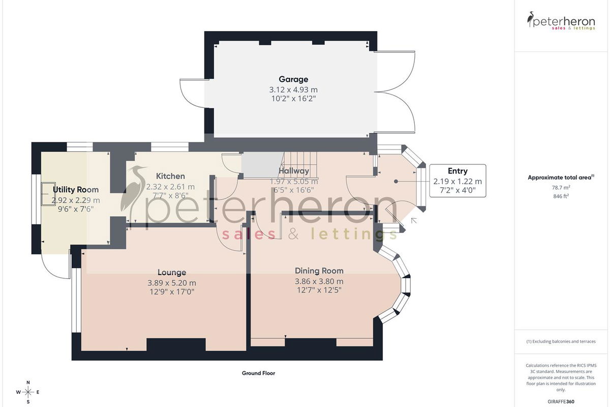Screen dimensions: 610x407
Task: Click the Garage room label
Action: point(293,79)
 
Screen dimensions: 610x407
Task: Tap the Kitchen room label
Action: point(170,176)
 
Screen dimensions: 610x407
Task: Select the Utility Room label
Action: point(76,190)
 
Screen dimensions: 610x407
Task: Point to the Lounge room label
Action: point(172,272)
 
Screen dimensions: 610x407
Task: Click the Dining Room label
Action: point(319,271)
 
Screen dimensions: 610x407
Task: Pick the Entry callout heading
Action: point(457,171)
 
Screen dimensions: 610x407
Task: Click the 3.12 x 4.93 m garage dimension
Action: point(293,90)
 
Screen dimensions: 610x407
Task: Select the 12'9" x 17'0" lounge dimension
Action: point(172,292)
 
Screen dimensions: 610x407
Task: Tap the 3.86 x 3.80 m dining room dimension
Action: point(319,281)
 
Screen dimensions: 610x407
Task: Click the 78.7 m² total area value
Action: point(561,188)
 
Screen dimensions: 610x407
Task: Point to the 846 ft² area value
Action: point(561,196)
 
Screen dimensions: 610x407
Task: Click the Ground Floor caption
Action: point(258,373)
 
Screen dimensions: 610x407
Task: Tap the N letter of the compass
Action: point(28,383)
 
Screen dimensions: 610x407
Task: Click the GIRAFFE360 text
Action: point(561,401)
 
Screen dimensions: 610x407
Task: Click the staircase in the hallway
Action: point(300,164)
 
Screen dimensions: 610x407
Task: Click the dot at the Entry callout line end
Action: point(396,181)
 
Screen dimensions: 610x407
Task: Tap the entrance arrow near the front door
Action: point(414,220)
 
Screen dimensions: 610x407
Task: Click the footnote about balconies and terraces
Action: point(561,341)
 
